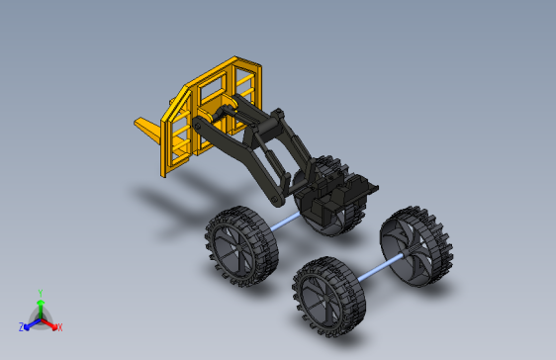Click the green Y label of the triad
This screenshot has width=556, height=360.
(x=41, y=293)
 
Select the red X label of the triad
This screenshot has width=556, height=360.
(x=60, y=327)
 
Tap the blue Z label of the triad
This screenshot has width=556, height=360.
(x=22, y=327)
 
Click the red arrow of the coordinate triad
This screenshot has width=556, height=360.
(x=49, y=323)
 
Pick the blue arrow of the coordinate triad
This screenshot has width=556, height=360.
(x=33, y=324)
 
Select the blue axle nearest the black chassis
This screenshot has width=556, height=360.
(x=285, y=222)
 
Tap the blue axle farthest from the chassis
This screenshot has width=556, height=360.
(x=381, y=268)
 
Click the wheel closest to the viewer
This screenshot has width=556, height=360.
(x=328, y=297)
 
